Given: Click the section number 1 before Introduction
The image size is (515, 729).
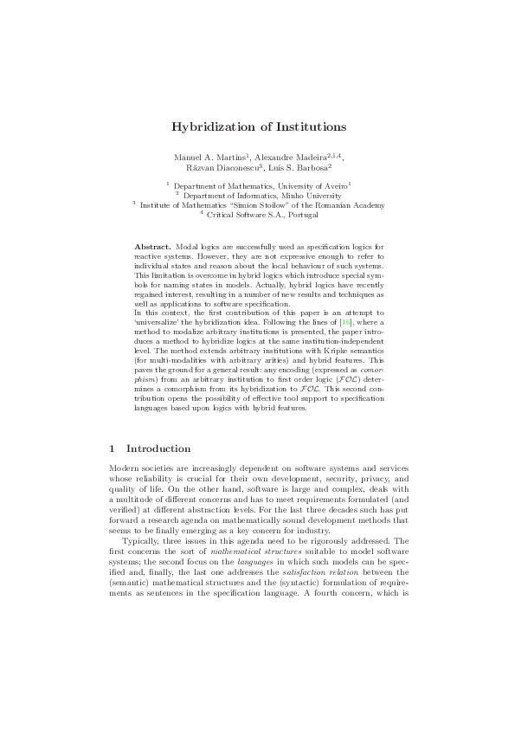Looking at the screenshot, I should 113,449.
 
